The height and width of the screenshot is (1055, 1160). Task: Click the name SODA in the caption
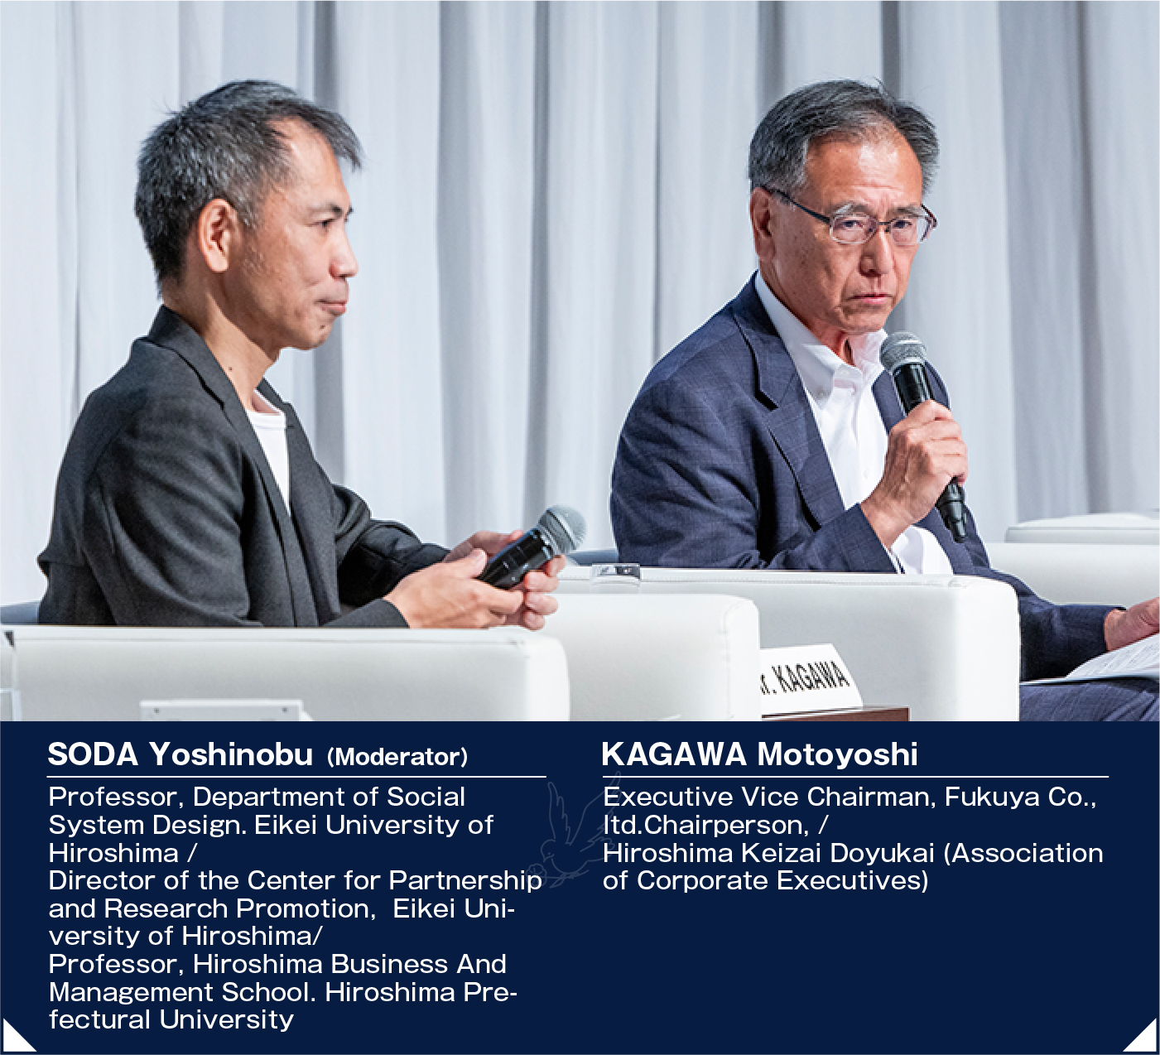tap(93, 754)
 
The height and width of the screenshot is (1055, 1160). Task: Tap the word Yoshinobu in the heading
tap(231, 754)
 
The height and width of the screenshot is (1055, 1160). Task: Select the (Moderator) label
tap(397, 757)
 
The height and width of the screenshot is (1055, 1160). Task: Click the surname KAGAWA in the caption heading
tap(674, 754)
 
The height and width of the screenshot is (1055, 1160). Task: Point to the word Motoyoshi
tap(837, 754)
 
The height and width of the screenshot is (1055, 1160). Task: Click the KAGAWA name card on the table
tap(810, 681)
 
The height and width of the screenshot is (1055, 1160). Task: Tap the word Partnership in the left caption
tap(465, 882)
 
